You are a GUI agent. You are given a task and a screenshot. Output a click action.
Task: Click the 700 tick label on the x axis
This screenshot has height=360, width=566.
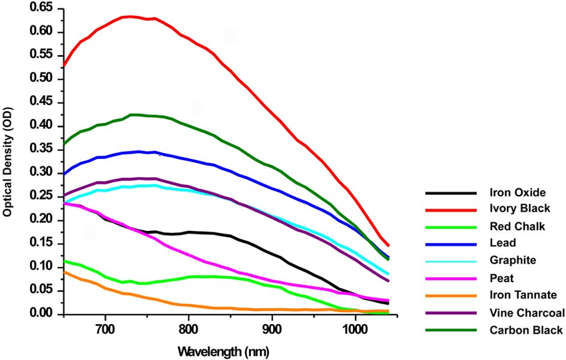pos(105,327)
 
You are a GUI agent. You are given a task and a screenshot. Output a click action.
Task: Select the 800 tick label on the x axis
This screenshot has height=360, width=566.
pos(188,327)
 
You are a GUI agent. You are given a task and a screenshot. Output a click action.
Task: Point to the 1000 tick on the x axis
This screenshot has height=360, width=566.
pos(355,327)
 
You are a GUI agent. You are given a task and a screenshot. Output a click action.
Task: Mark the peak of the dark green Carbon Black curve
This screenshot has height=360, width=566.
pos(135,114)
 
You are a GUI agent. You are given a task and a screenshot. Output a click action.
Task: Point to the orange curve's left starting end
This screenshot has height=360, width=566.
pos(64,271)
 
